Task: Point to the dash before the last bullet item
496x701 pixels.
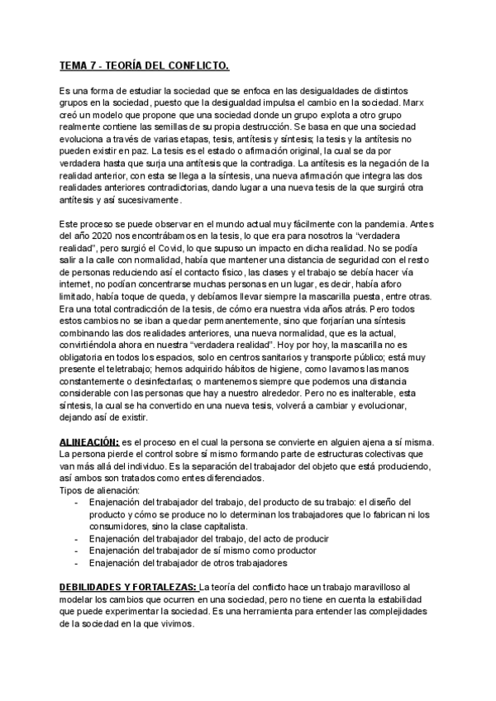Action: click(77, 564)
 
